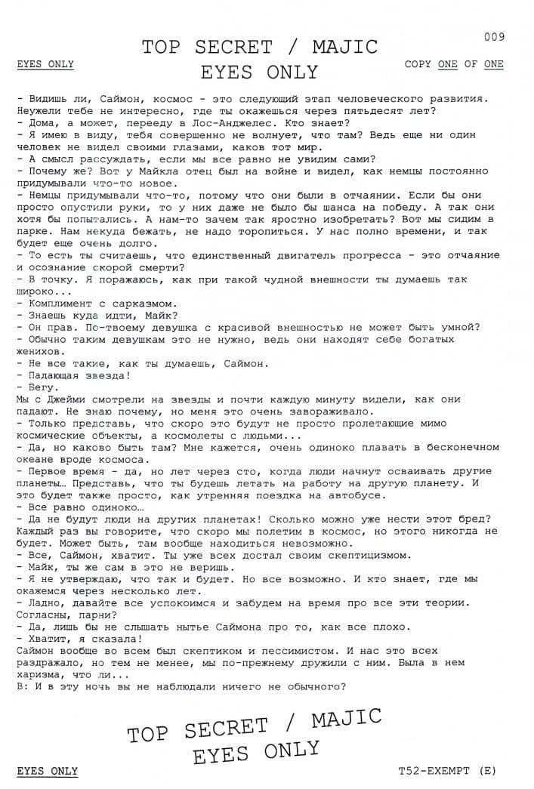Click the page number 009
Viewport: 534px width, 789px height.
494,36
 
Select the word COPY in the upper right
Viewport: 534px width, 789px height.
418,64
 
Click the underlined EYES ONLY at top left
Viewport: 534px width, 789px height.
45,64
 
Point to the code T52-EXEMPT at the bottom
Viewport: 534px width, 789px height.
434,771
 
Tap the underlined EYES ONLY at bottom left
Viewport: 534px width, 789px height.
47,771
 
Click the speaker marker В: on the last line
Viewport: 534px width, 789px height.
20,687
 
